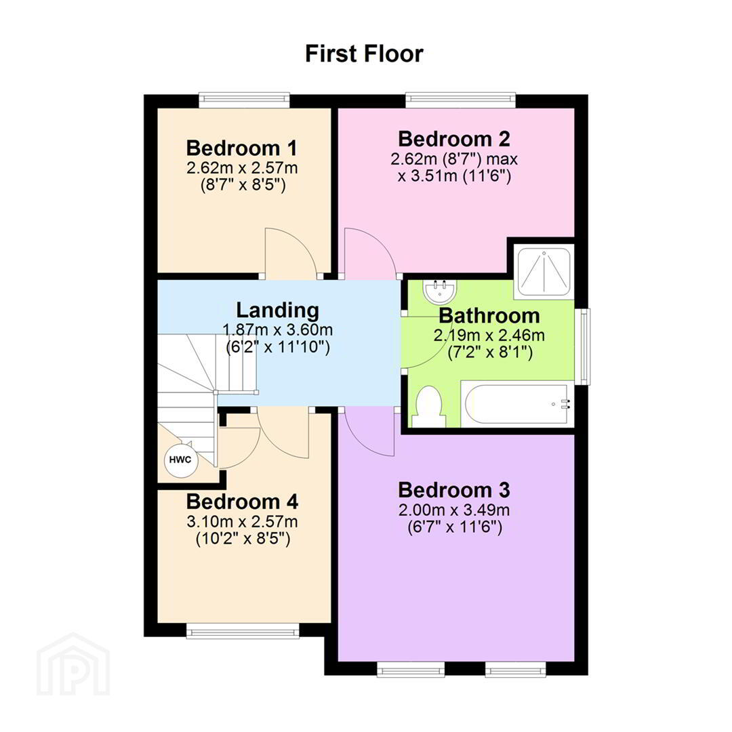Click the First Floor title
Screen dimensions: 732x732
pyautogui.click(x=364, y=54)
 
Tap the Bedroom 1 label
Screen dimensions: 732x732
pyautogui.click(x=241, y=148)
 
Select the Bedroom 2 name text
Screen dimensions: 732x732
pyautogui.click(x=453, y=139)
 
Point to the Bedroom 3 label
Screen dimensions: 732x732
pyautogui.click(x=453, y=490)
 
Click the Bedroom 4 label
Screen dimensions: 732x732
pyautogui.click(x=242, y=502)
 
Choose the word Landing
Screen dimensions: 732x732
pyautogui.click(x=277, y=310)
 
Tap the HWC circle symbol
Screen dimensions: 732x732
pyautogui.click(x=180, y=460)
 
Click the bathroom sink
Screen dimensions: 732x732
pyautogui.click(x=441, y=290)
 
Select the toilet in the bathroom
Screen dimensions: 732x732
pyautogui.click(x=428, y=406)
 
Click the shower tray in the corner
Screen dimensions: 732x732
pyautogui.click(x=544, y=272)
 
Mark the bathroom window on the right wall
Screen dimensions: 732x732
pyautogui.click(x=582, y=346)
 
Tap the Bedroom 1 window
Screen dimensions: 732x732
pyautogui.click(x=244, y=100)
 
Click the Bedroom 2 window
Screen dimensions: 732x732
pyautogui.click(x=460, y=100)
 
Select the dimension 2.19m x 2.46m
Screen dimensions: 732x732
pyautogui.click(x=489, y=335)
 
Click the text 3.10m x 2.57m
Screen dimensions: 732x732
pyautogui.click(x=242, y=521)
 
